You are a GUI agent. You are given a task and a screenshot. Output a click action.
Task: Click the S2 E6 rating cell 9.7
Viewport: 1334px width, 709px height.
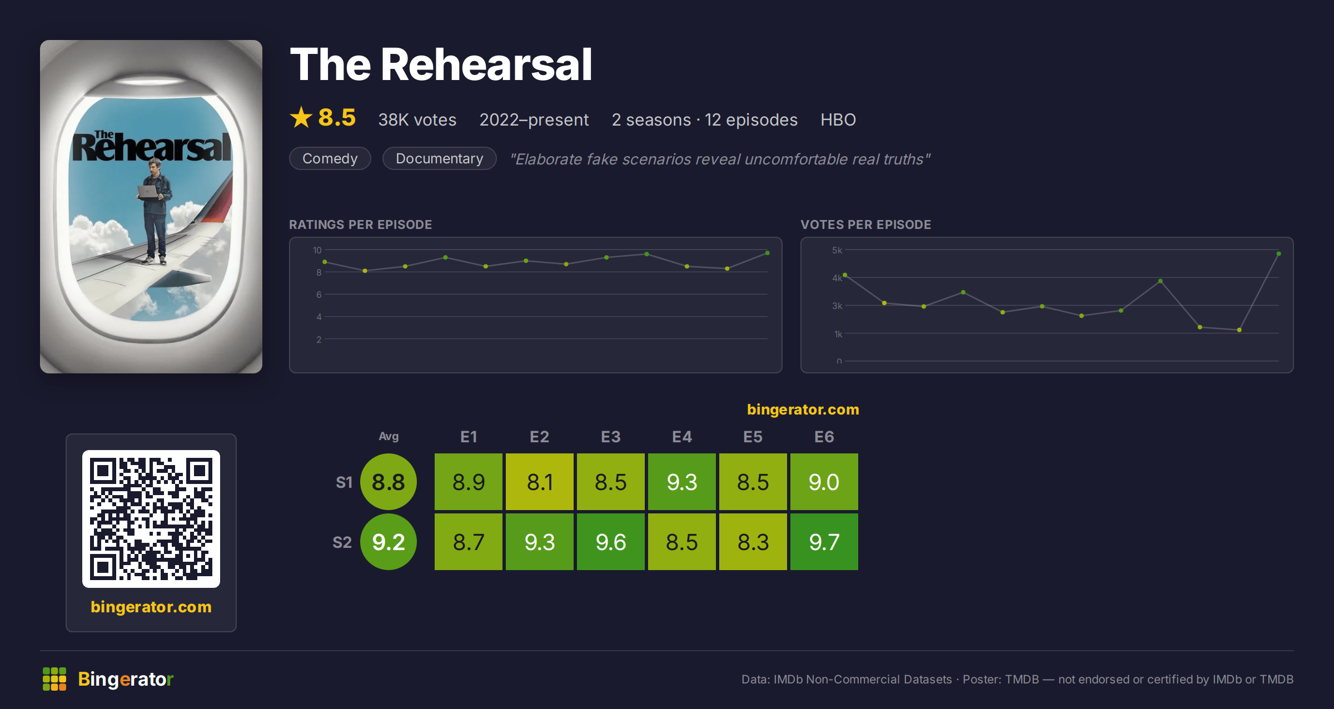coord(824,542)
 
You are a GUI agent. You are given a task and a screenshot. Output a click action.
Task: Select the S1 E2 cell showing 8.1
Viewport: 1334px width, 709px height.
coord(540,482)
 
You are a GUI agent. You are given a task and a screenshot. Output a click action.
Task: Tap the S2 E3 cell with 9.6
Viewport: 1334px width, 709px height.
coord(611,542)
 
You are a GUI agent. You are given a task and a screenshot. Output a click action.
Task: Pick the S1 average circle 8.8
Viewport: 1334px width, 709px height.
coord(389,482)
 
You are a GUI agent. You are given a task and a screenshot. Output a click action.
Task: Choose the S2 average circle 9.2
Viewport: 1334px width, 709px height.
coord(389,542)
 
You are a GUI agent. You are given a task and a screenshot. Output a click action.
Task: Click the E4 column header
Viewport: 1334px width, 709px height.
coord(682,437)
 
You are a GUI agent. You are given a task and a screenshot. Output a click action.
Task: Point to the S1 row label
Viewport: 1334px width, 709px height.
coord(344,482)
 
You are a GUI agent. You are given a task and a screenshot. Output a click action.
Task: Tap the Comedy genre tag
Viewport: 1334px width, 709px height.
coord(330,158)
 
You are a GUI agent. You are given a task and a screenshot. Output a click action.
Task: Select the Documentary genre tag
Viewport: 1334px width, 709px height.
coord(440,158)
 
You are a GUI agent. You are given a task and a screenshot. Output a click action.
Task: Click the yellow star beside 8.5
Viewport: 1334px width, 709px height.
coord(301,117)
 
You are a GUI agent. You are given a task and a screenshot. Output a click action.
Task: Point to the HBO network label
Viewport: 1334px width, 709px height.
coord(838,119)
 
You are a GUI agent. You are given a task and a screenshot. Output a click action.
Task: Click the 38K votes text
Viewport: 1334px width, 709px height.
coord(417,119)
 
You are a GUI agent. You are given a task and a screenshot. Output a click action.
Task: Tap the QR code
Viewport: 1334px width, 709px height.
coord(151,519)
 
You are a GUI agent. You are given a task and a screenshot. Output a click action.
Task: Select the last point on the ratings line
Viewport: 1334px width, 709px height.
coord(768,253)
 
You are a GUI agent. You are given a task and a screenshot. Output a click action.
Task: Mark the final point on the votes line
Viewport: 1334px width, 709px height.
coord(1279,254)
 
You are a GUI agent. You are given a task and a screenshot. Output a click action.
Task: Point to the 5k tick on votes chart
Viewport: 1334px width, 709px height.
coord(837,250)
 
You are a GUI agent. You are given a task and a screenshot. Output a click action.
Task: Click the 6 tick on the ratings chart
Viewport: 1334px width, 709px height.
coord(319,294)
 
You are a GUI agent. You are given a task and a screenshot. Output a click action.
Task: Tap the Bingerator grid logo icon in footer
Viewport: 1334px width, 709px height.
coord(54,679)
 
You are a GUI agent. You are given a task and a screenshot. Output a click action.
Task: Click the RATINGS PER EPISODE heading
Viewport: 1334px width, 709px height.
coord(361,224)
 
